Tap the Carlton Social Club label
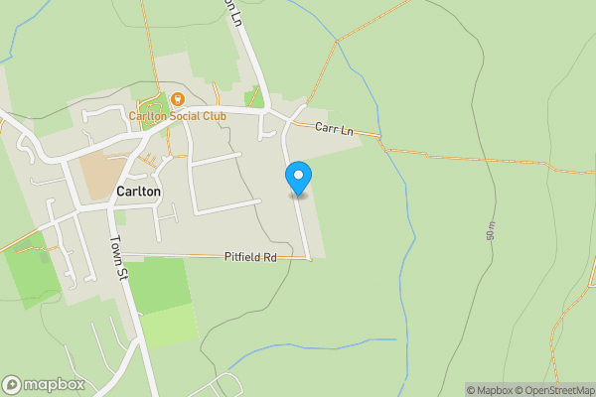coord(178,116)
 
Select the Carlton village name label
coord(138,192)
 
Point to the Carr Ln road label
coord(333,129)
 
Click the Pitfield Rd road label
coord(249,257)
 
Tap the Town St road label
coord(116,256)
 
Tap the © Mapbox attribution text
coord(486,390)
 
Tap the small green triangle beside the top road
coord(255,97)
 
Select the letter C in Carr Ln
coord(319,128)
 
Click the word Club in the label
coord(212,116)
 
